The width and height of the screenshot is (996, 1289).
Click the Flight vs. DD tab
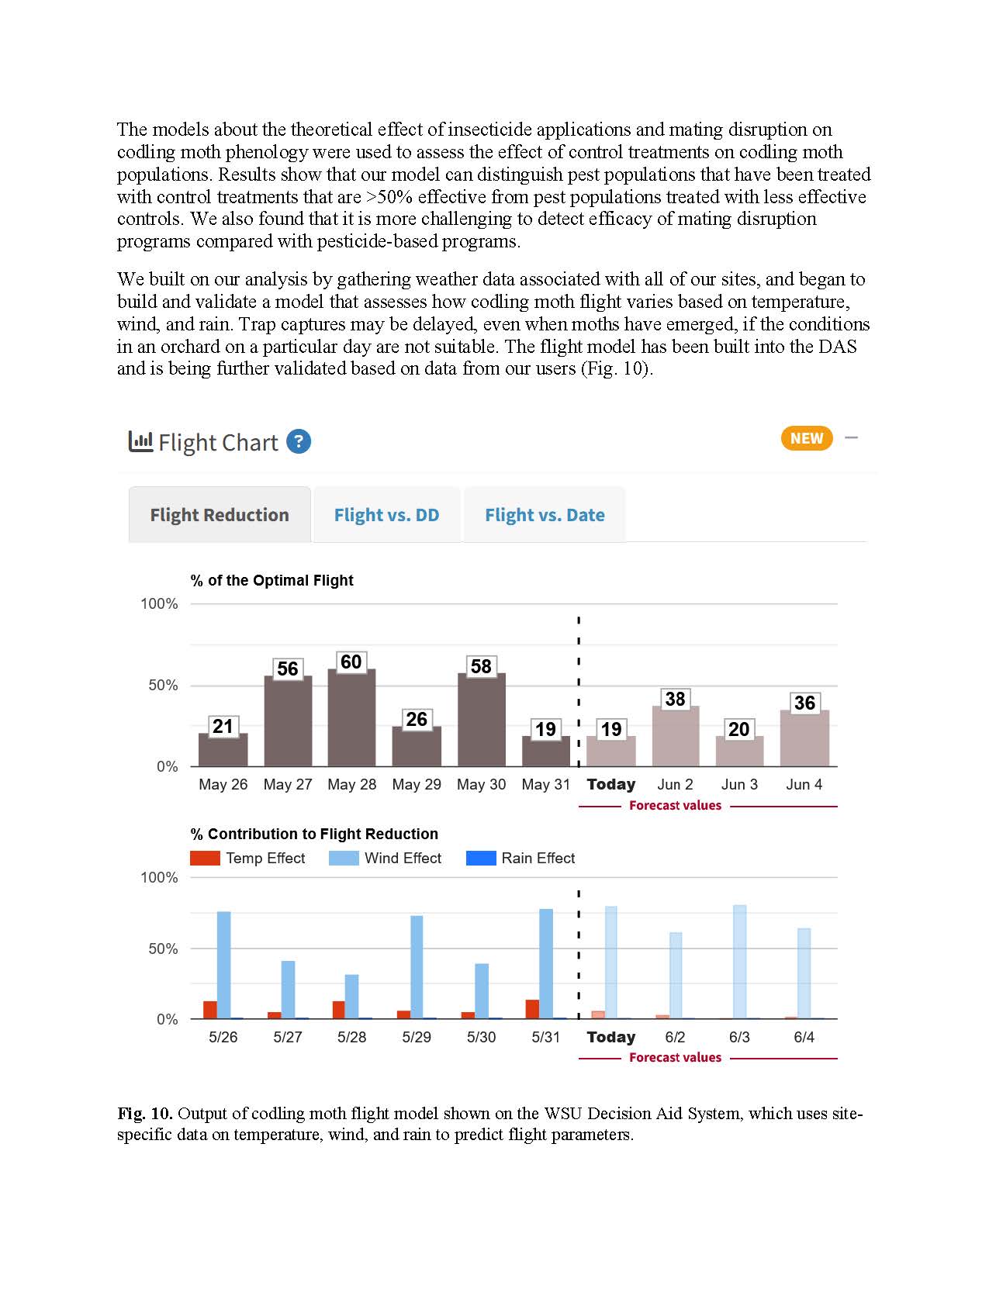coord(386,515)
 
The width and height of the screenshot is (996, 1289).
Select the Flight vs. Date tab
coord(545,515)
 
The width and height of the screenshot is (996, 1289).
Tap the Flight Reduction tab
coord(220,515)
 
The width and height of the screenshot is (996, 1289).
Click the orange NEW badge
coord(807,438)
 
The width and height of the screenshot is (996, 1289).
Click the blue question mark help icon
coord(299,442)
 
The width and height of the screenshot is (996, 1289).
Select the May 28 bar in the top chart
coord(351,717)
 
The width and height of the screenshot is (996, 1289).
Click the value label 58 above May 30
coord(481,666)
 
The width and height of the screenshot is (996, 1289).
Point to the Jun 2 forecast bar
coord(676,737)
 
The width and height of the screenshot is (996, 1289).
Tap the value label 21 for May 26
coord(223,726)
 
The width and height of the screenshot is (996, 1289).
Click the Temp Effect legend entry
coord(248,859)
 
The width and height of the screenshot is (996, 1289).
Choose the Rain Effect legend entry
coord(521,859)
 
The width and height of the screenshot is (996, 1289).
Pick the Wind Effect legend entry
coord(386,859)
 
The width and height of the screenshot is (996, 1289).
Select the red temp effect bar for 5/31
coord(532,1009)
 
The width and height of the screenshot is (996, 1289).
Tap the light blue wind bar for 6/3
coord(740,962)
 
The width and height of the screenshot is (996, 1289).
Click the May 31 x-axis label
coord(545,784)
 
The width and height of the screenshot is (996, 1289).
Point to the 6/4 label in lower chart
coord(804,1037)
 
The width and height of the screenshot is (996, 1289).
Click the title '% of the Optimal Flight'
coord(271,580)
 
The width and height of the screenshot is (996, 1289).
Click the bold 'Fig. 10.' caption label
coord(145,1114)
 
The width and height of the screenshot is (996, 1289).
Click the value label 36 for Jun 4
coord(804,703)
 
